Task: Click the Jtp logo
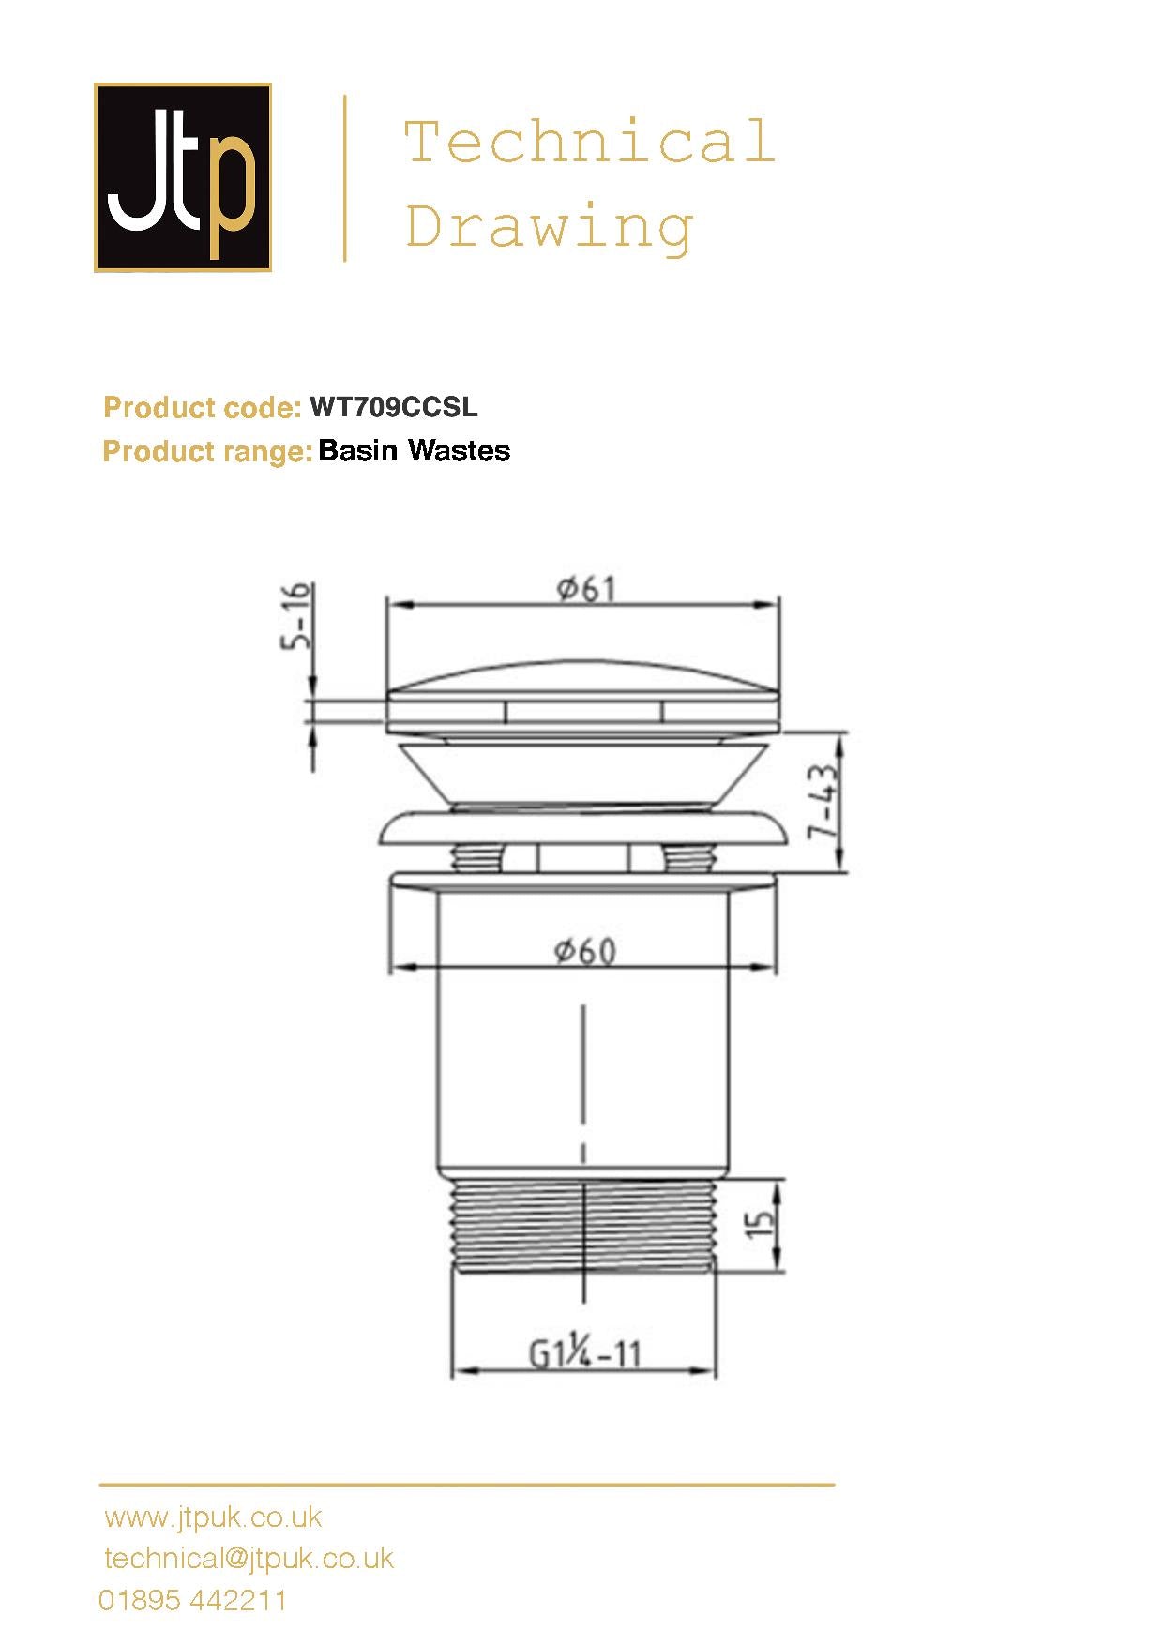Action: (183, 177)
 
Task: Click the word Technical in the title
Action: (589, 142)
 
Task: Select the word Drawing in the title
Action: (550, 226)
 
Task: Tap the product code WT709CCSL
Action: (394, 407)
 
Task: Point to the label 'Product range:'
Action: (206, 451)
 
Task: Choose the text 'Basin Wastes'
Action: (415, 451)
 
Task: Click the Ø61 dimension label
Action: (586, 589)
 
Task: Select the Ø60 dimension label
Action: (585, 951)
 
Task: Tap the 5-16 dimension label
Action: (295, 616)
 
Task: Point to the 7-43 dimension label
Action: (823, 802)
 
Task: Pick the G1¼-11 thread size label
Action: (585, 1354)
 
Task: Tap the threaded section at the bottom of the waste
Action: (583, 1224)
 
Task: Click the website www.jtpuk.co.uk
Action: (213, 1517)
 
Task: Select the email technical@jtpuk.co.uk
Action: (249, 1559)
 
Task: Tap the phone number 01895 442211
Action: (193, 1600)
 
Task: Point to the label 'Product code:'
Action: (202, 408)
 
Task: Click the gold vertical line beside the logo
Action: (345, 177)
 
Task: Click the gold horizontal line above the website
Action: (466, 1485)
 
